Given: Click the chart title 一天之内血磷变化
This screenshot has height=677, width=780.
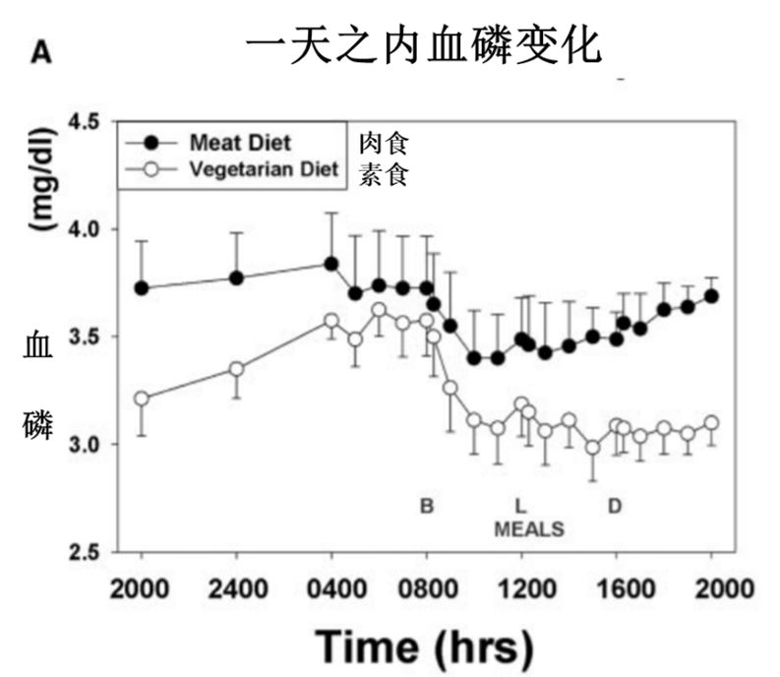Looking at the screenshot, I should pyautogui.click(x=423, y=43).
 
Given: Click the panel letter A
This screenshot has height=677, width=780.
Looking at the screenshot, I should pyautogui.click(x=40, y=52).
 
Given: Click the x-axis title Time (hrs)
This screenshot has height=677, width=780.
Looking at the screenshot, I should pyautogui.click(x=425, y=646).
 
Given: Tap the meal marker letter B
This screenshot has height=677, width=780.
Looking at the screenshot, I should pyautogui.click(x=427, y=506).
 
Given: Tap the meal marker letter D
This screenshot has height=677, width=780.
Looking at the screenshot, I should pyautogui.click(x=615, y=506).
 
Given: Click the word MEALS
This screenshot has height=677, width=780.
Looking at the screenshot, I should pyautogui.click(x=528, y=529).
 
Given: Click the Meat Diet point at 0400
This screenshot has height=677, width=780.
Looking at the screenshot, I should pyautogui.click(x=331, y=264).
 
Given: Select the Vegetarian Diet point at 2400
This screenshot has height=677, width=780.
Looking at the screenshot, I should pyautogui.click(x=236, y=369).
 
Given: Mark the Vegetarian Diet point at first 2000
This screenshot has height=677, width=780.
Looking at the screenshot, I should pyautogui.click(x=142, y=399).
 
